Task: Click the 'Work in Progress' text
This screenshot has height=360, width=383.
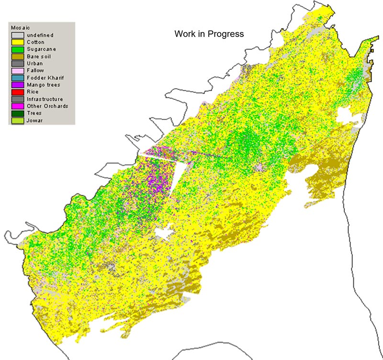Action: [209, 34]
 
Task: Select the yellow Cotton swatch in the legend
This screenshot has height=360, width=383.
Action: [17, 42]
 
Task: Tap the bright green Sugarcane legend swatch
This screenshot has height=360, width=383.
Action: [17, 49]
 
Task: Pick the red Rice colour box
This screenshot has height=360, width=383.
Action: [17, 92]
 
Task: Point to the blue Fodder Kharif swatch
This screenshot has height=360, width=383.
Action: [17, 78]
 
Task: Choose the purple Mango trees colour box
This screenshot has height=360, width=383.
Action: [17, 85]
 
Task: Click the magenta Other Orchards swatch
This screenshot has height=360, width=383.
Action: [17, 106]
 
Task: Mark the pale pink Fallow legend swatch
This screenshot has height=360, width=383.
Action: [17, 70]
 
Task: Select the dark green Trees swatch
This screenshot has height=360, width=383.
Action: [17, 113]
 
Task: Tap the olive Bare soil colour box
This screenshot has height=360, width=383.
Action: [17, 57]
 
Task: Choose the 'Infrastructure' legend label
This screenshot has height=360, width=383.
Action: [45, 99]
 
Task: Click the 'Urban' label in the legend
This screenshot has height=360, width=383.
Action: [34, 63]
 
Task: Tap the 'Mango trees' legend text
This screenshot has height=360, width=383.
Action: [43, 85]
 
